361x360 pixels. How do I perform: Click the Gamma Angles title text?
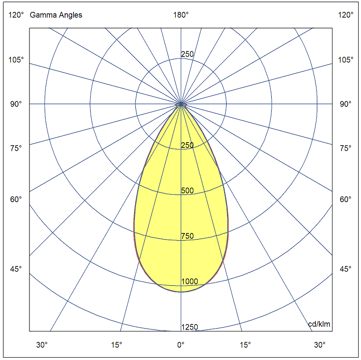(56, 15)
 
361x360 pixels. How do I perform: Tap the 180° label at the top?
(181, 15)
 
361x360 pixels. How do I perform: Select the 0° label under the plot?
(181, 345)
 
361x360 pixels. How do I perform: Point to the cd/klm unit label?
(319, 324)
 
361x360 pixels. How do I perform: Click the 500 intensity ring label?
(187, 191)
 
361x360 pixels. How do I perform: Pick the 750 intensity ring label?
(187, 236)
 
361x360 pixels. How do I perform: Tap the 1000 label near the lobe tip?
(190, 282)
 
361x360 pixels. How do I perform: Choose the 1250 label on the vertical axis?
(190, 327)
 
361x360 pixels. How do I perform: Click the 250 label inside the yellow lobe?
(187, 145)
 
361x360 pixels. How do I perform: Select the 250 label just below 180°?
(187, 54)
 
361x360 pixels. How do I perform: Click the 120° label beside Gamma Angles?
(16, 15)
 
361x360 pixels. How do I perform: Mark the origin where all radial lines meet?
(181, 104)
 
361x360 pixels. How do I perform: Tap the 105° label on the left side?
(16, 60)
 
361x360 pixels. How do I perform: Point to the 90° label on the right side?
(346, 104)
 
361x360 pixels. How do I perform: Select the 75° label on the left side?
(16, 148)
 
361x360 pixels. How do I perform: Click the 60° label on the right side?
(346, 199)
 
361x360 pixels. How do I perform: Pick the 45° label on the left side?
(16, 269)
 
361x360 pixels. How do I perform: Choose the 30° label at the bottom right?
(320, 345)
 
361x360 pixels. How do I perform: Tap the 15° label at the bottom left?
(117, 345)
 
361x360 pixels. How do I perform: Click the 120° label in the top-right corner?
(346, 15)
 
